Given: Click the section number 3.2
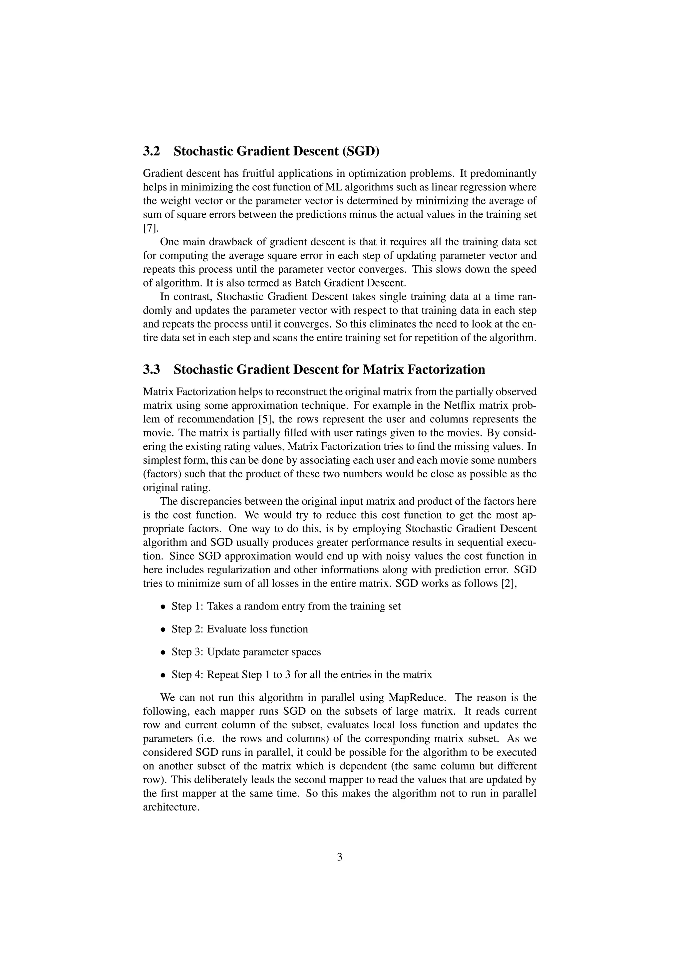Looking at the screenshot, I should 152,151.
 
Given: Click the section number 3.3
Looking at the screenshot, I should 152,369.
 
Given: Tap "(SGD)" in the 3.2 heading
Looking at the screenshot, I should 360,151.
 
